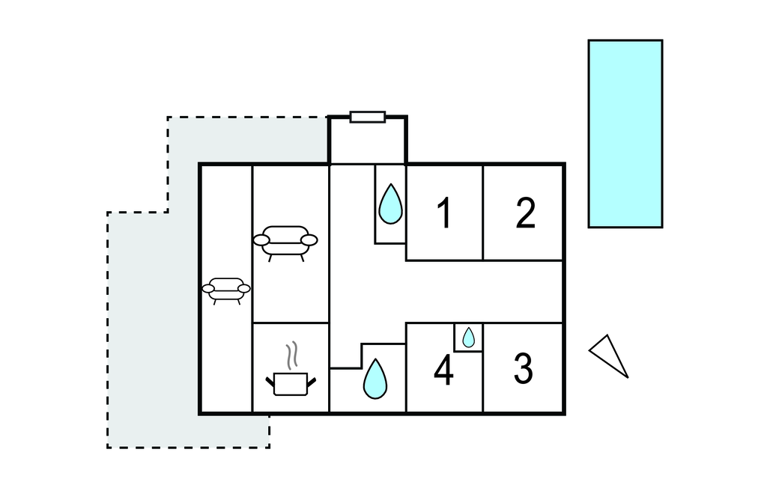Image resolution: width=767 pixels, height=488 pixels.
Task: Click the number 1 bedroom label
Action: [x=444, y=213]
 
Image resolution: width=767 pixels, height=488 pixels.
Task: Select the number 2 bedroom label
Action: [x=526, y=213]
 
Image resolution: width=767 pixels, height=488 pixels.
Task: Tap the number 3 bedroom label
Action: [x=523, y=368]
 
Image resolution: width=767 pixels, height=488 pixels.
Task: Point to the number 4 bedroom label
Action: [x=444, y=370]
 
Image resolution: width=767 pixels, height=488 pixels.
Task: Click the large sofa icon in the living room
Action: [x=285, y=241]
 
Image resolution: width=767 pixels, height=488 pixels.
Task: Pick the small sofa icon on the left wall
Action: [x=226, y=289]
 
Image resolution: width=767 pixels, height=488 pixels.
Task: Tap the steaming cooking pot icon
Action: [x=291, y=382]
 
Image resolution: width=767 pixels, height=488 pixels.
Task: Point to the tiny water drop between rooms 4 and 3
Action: [x=468, y=338]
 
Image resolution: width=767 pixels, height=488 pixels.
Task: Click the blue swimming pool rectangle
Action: [x=625, y=133]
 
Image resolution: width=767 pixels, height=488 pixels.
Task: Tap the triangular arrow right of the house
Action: [x=609, y=355]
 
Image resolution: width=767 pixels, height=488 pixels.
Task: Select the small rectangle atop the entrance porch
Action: [x=368, y=117]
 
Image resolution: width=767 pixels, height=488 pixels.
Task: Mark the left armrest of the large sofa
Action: [x=261, y=240]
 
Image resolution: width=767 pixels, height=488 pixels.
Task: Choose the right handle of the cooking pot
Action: [x=312, y=382]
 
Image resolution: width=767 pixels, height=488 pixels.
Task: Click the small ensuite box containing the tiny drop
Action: [x=468, y=338]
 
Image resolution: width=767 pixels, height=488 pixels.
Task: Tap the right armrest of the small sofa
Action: [x=243, y=288]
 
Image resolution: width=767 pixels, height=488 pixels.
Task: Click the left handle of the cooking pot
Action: [x=270, y=382]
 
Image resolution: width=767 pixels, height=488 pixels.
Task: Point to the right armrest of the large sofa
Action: [x=309, y=240]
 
